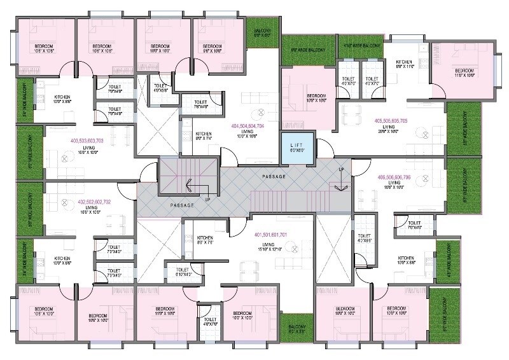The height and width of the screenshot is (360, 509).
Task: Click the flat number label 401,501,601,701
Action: (273, 234)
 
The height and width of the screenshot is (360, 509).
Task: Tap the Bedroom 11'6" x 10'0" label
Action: (464, 73)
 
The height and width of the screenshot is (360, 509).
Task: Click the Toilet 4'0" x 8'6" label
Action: (364, 238)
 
